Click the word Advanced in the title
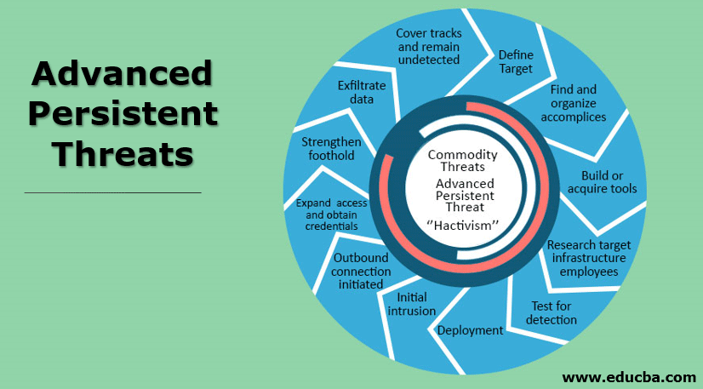[121, 74]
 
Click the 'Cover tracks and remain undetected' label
[429, 46]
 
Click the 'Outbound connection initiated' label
[362, 271]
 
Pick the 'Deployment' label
[471, 330]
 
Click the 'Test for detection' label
[552, 312]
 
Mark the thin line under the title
[113, 192]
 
